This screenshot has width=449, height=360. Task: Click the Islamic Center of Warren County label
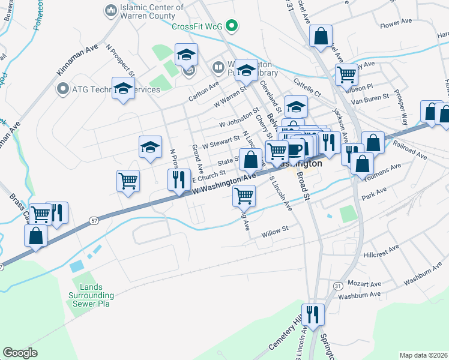(x=152, y=11)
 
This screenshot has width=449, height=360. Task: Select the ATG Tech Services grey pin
(x=63, y=89)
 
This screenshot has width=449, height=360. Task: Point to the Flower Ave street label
(x=396, y=23)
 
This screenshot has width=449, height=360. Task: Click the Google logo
(x=20, y=353)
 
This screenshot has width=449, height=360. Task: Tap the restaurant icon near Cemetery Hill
(x=313, y=314)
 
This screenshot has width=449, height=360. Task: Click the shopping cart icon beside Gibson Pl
(x=346, y=75)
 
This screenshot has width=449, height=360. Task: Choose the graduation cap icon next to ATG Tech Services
(x=123, y=88)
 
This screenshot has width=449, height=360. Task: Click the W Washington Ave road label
(x=224, y=182)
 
